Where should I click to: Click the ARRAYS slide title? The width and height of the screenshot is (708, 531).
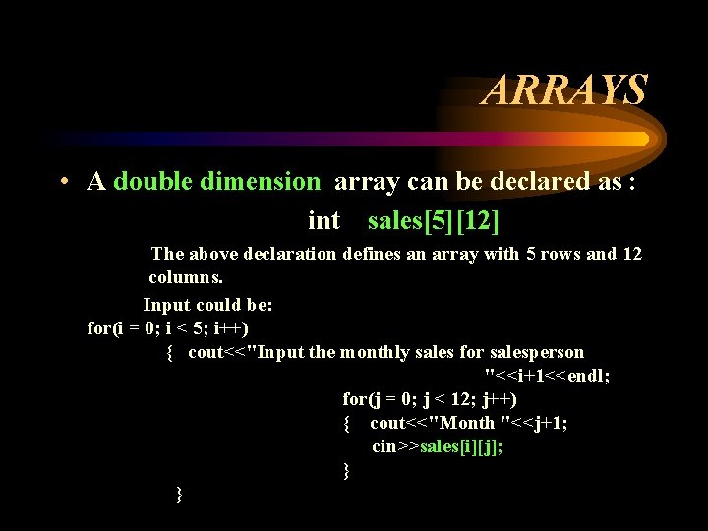click(x=564, y=89)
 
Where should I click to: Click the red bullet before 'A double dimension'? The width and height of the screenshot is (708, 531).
click(x=62, y=182)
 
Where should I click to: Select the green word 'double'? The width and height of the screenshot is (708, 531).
click(x=152, y=182)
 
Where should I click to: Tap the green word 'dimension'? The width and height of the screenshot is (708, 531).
click(x=261, y=182)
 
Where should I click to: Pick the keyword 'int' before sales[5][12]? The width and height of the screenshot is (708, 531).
click(x=324, y=220)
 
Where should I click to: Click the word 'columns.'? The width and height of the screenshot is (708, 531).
click(x=187, y=277)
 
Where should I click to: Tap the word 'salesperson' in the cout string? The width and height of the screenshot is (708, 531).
click(x=538, y=352)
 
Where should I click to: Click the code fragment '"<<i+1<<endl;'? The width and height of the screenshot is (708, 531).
click(x=547, y=376)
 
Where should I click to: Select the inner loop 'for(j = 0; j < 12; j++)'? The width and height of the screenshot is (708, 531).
click(x=430, y=399)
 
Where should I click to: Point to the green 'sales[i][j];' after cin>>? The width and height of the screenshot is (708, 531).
click(x=461, y=446)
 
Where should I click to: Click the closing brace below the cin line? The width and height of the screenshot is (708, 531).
click(x=346, y=470)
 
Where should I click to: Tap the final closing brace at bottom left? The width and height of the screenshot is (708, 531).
click(x=178, y=493)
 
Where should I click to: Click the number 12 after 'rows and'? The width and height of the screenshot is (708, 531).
click(x=631, y=254)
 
